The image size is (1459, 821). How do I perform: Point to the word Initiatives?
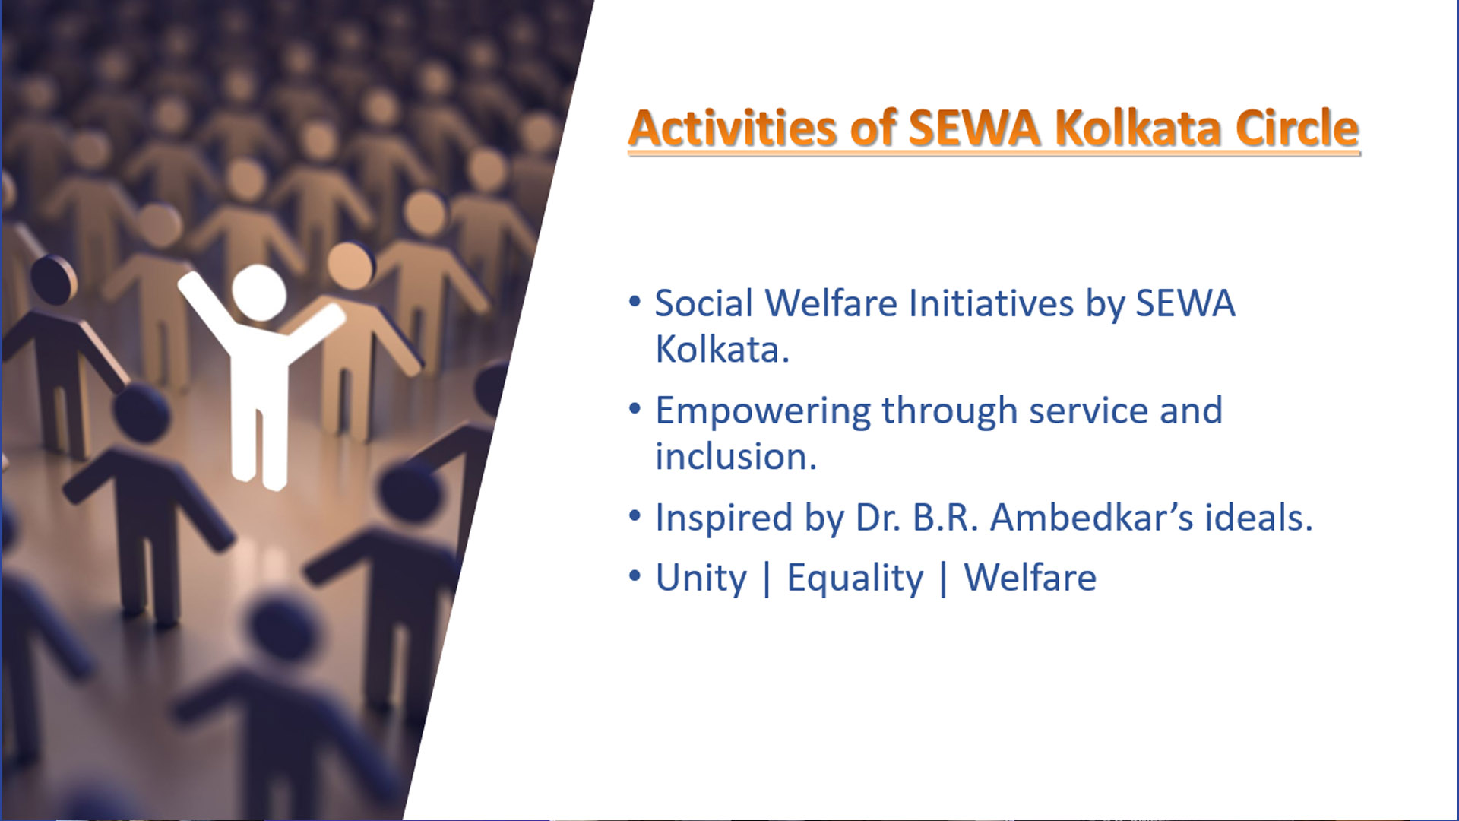pos(992,303)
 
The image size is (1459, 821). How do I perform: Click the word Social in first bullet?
pos(704,303)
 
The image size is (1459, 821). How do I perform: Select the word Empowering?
pos(763,412)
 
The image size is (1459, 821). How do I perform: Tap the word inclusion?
pos(736,457)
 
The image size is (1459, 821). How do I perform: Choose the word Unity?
pos(701,579)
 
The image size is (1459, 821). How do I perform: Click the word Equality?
pos(855,579)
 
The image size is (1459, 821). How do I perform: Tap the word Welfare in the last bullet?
pos(1030,578)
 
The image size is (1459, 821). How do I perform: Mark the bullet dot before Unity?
pos(635,576)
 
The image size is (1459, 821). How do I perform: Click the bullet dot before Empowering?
pos(635,409)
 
